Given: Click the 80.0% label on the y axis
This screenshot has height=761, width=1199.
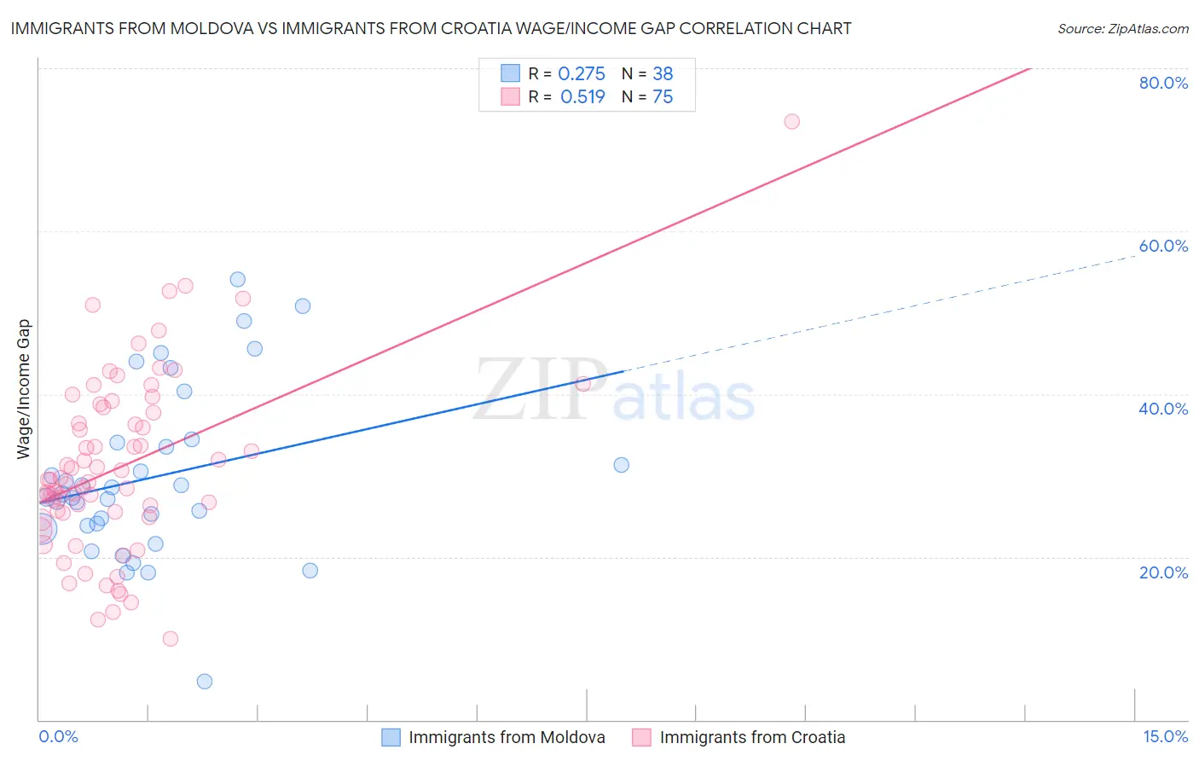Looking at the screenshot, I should [1163, 83].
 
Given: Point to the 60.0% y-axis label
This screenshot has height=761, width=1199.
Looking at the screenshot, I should [1163, 246].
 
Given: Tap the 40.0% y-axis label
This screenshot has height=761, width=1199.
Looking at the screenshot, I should [1163, 409].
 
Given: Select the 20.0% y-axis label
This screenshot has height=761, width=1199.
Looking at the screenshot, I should [1163, 572].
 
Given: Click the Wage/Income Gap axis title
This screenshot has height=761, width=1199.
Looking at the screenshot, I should [24, 389].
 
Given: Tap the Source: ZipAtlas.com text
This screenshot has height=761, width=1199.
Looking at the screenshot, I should [1122, 29].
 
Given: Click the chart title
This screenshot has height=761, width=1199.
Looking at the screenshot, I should [431, 29].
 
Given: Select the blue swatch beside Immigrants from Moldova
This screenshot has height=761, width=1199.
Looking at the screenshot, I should [391, 738].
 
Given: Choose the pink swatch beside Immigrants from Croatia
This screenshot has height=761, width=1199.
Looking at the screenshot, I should [641, 738].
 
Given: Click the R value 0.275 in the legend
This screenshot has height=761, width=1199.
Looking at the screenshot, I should [582, 74].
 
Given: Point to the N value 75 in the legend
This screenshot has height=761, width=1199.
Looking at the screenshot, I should [663, 97].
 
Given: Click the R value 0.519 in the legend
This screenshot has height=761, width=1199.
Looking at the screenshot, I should [582, 97].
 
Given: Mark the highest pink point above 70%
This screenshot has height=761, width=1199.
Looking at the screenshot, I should [791, 121].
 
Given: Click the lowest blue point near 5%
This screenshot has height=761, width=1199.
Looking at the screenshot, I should [205, 681].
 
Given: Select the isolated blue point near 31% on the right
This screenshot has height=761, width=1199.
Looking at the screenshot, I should [622, 465].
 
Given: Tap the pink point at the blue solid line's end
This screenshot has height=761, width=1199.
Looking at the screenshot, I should [583, 384].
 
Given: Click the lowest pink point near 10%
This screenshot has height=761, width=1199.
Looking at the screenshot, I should [171, 639].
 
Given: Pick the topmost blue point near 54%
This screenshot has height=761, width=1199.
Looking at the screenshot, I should [238, 279].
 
